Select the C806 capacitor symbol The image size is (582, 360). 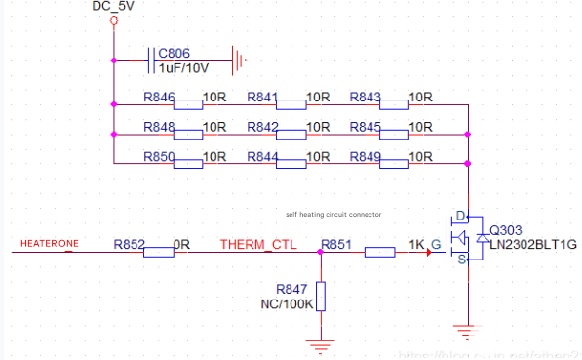coord(151,60)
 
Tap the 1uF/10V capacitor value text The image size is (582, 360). coord(183,68)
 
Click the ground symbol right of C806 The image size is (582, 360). coord(238,60)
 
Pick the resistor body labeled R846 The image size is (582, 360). coord(188,103)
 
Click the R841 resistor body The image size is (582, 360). coord(291,103)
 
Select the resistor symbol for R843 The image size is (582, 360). coord(394,103)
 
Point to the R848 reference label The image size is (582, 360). coord(158,127)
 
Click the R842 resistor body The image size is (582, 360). coord(291,134)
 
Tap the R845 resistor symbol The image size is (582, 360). coord(394,134)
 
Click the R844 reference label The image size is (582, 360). coord(262,156)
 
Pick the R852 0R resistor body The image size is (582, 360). coord(158,253)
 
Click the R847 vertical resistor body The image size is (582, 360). coord(321,297)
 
